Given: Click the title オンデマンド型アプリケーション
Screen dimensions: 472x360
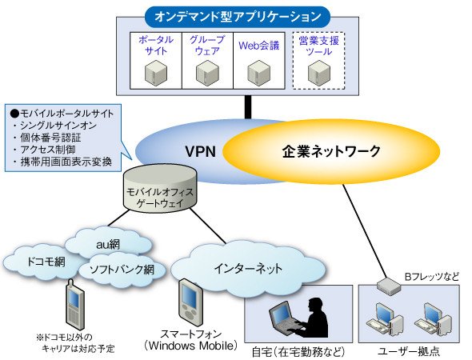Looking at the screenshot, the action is point(238,17).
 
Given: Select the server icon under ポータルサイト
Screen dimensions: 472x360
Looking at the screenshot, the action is point(156,73).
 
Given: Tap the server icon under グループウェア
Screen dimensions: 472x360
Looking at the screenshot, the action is point(207,73).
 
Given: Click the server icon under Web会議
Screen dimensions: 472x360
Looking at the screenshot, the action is point(259,73).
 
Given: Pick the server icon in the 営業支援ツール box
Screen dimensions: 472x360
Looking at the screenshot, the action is point(319,73).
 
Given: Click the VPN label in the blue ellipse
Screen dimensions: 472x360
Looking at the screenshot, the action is point(200,151).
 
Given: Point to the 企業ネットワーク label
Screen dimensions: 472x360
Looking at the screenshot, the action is point(331,151).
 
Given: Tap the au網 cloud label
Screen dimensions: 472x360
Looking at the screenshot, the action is point(108,245).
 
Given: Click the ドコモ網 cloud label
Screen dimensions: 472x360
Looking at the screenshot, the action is point(46,262).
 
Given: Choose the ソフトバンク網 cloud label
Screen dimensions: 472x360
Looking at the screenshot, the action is point(122,270).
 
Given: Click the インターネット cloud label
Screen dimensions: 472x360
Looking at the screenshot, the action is point(248,268).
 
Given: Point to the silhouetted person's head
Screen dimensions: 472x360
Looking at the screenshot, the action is point(315,305).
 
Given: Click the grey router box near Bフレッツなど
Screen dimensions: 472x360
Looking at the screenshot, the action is point(388,286).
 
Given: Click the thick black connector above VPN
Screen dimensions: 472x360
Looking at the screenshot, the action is point(248,107).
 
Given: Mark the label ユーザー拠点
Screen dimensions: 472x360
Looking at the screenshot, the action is point(409,351).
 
